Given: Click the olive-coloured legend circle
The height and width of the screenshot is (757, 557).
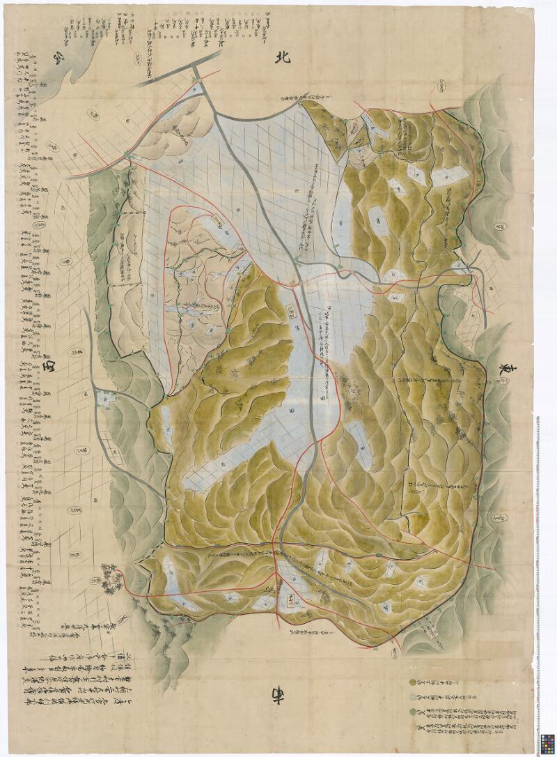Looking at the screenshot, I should click(412, 676).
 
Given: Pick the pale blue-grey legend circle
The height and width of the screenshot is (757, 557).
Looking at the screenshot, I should click(412, 695).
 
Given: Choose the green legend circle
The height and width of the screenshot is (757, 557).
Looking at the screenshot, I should click(412, 712).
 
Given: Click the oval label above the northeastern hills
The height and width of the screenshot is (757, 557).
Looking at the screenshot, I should click(443, 84).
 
